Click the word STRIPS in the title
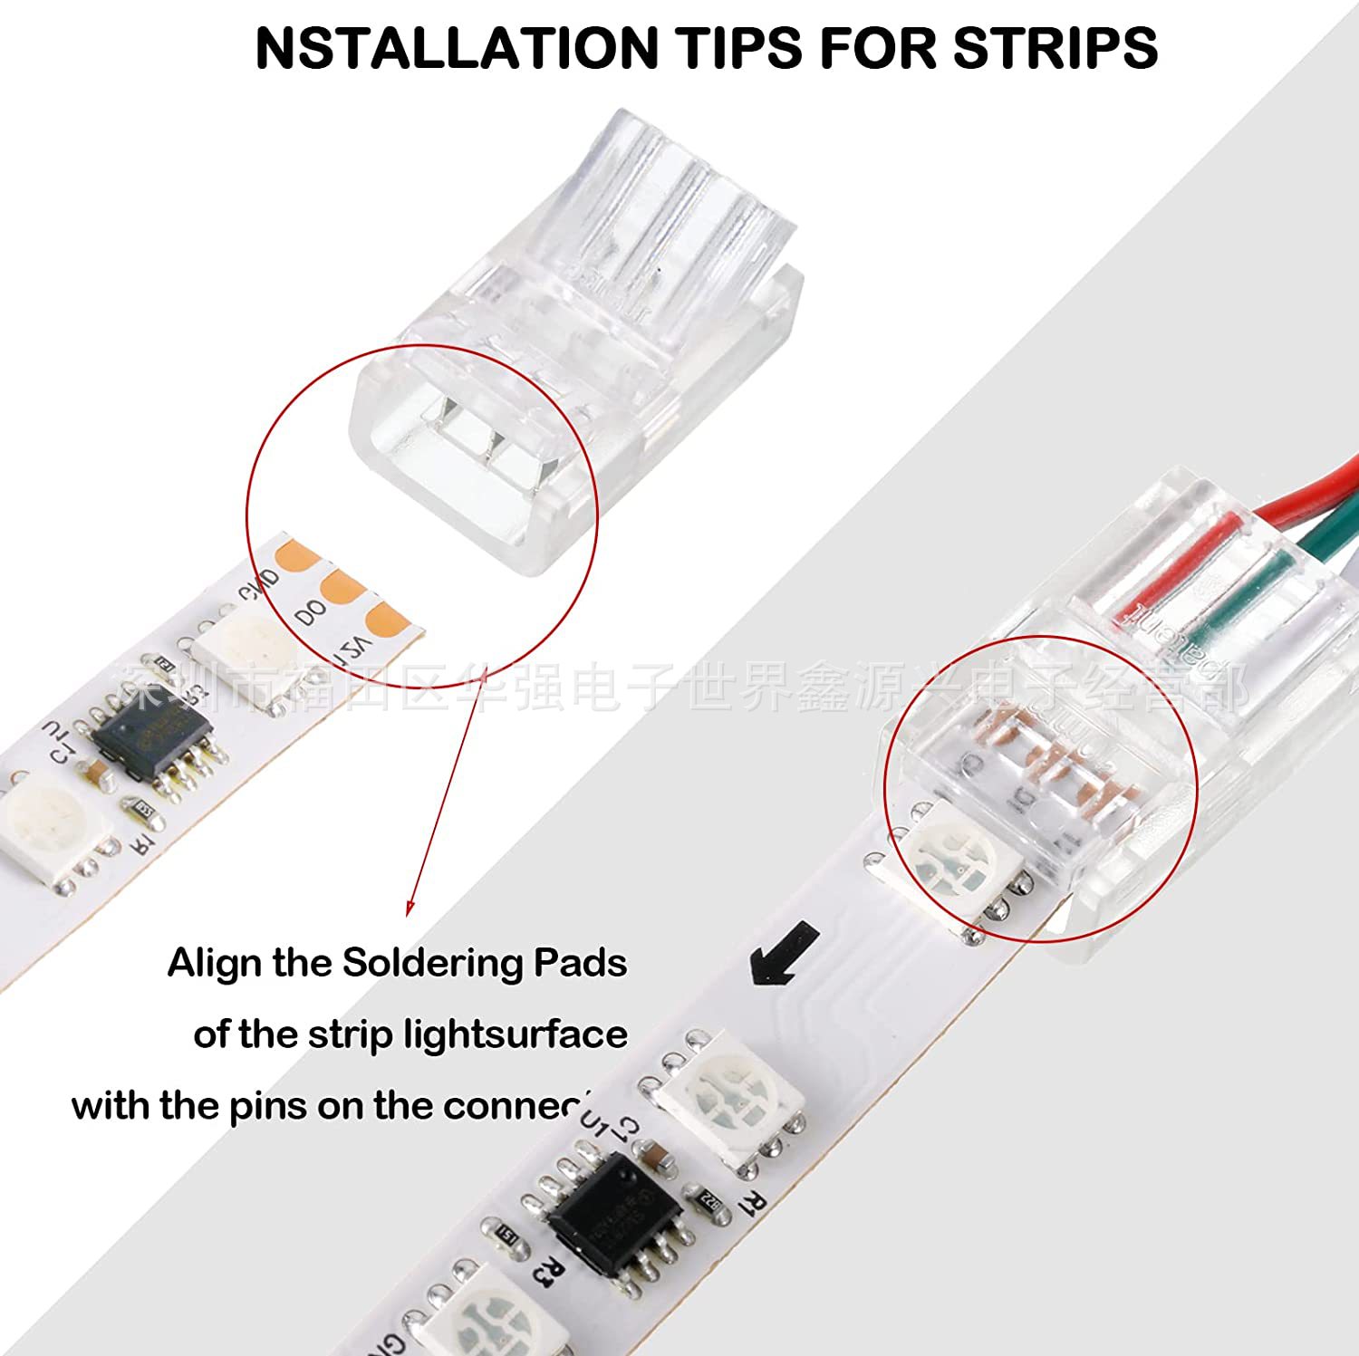click(x=1055, y=48)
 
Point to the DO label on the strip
click(x=311, y=613)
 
